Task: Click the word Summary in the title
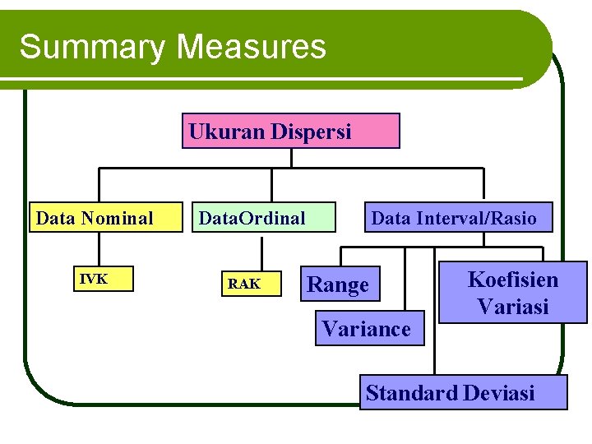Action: [90, 47]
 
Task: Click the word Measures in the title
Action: [251, 47]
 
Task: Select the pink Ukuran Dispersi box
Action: [290, 131]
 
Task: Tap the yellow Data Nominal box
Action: [105, 218]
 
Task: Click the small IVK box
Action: [100, 280]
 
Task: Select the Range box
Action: [340, 284]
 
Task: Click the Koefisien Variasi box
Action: [513, 292]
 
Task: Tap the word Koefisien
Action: [513, 280]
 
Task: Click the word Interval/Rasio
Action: [477, 218]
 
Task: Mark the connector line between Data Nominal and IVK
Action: [100, 250]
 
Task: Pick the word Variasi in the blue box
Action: [513, 307]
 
